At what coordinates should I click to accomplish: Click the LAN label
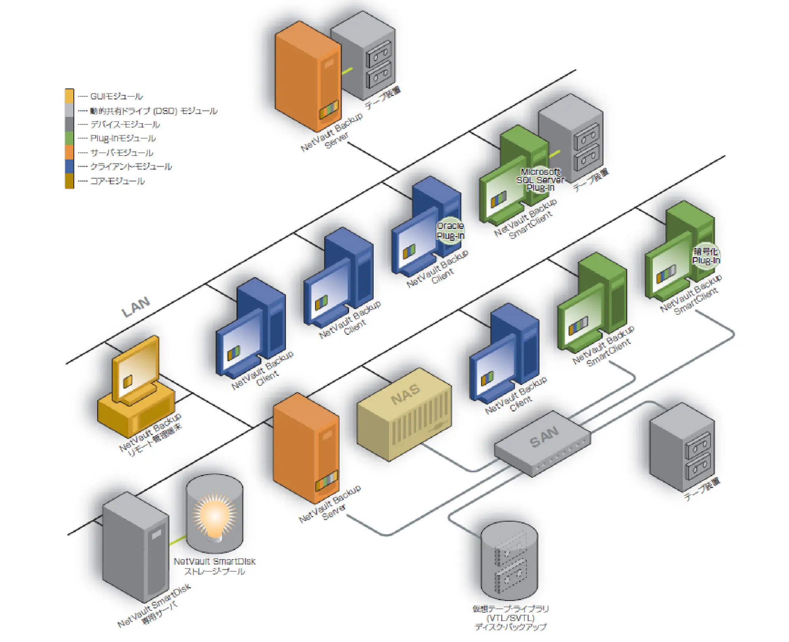point(136,307)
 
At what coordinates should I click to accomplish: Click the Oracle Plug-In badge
point(450,231)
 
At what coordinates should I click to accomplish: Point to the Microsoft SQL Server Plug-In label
point(540,180)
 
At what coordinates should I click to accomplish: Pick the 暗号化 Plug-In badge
point(706,256)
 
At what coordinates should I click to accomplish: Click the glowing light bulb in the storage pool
point(214,517)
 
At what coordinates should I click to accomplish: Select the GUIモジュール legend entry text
point(116,96)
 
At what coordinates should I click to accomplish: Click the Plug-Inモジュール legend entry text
point(123,138)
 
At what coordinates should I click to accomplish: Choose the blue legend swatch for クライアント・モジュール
point(70,166)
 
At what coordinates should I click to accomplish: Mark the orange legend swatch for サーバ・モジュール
point(70,152)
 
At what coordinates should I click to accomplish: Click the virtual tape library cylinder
point(509,561)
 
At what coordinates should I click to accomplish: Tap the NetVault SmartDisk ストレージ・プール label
point(214,566)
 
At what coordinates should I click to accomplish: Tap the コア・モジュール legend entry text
point(117,181)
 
